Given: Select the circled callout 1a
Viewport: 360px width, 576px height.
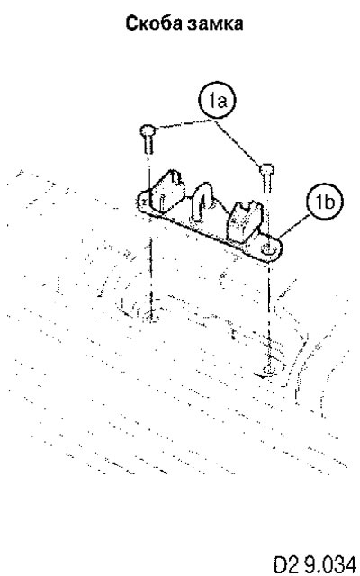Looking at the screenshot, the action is pyautogui.click(x=217, y=101).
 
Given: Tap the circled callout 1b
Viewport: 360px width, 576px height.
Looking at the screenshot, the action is pyautogui.click(x=324, y=202).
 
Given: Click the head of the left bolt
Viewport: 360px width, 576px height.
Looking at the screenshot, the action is pyautogui.click(x=148, y=130).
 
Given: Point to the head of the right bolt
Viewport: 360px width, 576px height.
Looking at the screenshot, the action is pyautogui.click(x=266, y=170).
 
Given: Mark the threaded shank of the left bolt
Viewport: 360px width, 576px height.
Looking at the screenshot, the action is pyautogui.click(x=148, y=145).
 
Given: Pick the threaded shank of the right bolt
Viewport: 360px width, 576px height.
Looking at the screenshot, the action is pyautogui.click(x=267, y=184).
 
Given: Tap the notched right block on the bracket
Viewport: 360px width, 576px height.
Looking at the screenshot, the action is pyautogui.click(x=244, y=221).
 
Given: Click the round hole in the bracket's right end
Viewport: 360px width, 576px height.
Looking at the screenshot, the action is pyautogui.click(x=268, y=249).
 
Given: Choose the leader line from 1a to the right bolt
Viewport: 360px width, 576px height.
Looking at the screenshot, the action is pyautogui.click(x=238, y=143).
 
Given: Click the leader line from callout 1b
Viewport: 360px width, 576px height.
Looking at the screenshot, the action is pyautogui.click(x=294, y=228).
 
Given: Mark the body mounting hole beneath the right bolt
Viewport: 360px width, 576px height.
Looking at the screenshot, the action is pyautogui.click(x=270, y=372).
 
